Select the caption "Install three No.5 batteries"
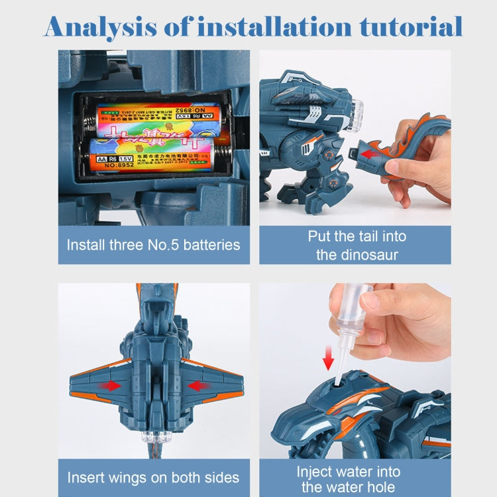154,245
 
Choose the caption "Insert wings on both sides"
154,478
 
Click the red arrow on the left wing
109,385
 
